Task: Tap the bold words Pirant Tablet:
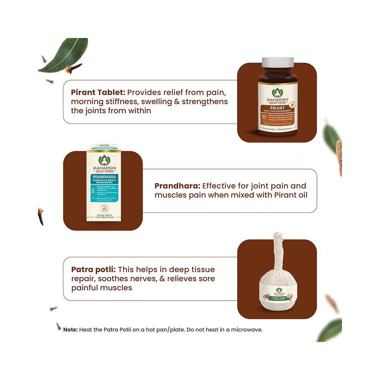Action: pos(98,92)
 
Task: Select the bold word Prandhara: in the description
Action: pos(177,186)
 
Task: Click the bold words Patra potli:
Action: pos(93,269)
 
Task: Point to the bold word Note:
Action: pos(70,329)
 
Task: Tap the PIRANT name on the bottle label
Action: pos(277,108)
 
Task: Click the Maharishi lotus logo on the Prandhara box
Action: pos(103,160)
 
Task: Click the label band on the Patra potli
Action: pos(277,294)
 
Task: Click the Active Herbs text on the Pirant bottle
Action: pos(265,129)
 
